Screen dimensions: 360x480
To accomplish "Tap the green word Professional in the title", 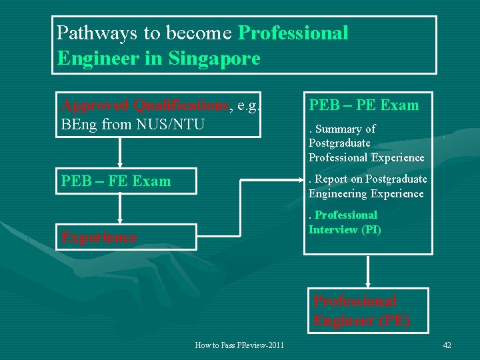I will coord(293,33).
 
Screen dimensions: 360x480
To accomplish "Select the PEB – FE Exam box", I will coord(126,181).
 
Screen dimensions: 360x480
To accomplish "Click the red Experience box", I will coord(126,237).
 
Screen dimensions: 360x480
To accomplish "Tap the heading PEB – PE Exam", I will coord(363,105).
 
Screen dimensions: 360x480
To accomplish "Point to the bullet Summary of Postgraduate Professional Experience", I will coord(366,143).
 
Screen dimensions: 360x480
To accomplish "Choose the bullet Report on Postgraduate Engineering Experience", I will coord(367,186).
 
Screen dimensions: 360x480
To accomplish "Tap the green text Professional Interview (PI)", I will coord(345,223).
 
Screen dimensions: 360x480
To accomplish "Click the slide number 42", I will coord(447,345).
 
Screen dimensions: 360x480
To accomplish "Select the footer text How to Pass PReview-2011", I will coord(239,345).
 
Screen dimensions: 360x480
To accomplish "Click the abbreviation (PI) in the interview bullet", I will coord(371,230).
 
